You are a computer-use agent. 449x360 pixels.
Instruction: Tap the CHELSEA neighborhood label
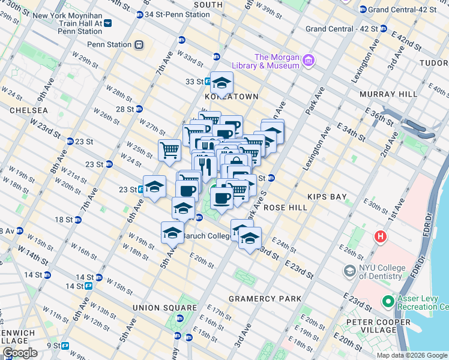[28, 111]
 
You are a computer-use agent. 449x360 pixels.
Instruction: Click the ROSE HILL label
[285, 208]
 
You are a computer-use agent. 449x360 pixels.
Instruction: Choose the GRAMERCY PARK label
[265, 299]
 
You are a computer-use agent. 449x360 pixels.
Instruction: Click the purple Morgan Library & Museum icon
[309, 60]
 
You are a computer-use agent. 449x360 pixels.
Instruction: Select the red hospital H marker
[379, 237]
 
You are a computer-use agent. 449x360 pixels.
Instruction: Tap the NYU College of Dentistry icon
[349, 271]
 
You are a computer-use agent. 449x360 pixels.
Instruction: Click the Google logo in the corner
[20, 353]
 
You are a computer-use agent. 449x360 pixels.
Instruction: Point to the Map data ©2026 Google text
[412, 355]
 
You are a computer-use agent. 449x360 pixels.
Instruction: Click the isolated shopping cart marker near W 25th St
[170, 150]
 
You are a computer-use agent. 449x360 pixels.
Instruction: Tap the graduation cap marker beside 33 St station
[221, 83]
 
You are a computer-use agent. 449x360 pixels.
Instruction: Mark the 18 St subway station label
[64, 220]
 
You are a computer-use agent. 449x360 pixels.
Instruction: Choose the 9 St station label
[53, 346]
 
